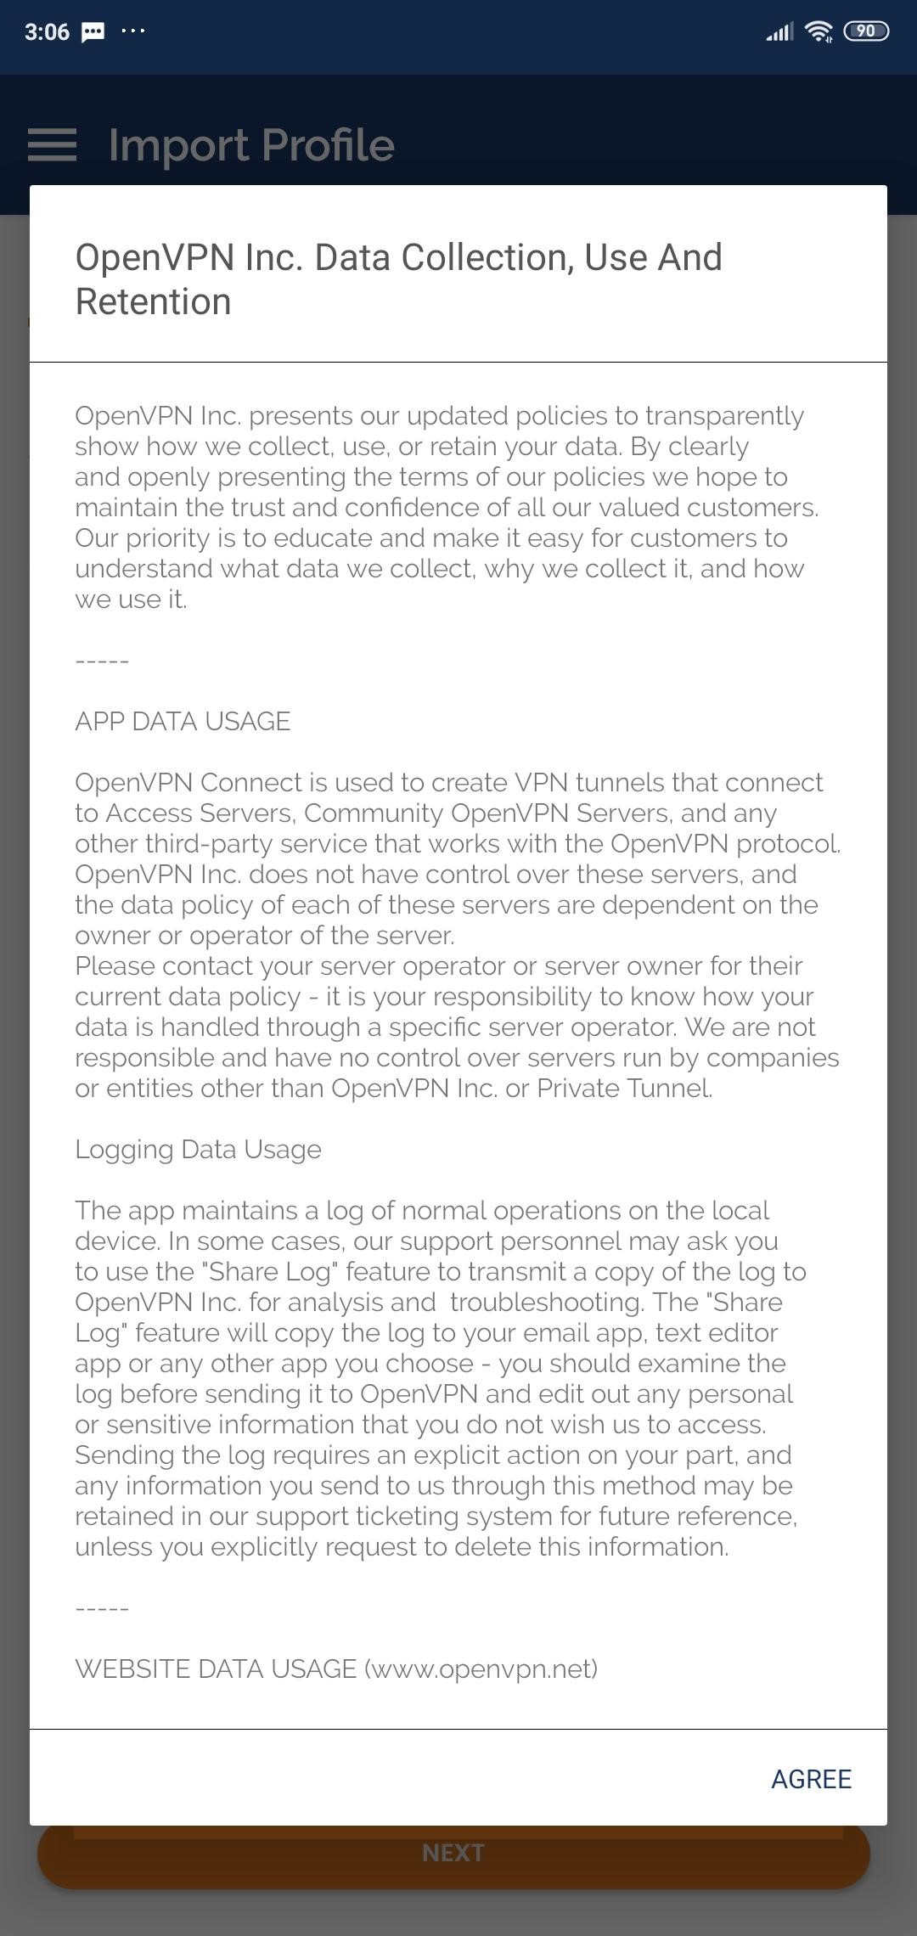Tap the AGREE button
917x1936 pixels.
tap(811, 1779)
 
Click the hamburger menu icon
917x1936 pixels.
tap(52, 145)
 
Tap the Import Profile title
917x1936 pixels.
tap(251, 145)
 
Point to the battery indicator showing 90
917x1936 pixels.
tap(865, 31)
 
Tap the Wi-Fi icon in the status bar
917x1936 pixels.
tap(819, 31)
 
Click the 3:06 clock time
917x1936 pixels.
tap(47, 32)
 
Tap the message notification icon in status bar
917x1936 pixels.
tap(93, 32)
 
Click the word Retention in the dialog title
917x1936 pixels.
tap(153, 302)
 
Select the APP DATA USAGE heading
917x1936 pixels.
tap(183, 722)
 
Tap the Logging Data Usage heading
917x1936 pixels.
tap(198, 1150)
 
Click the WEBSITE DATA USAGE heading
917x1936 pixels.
tap(216, 1669)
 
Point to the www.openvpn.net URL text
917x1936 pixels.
tap(481, 1669)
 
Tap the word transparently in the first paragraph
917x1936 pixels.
tap(724, 416)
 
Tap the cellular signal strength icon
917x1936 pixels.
tap(779, 32)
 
